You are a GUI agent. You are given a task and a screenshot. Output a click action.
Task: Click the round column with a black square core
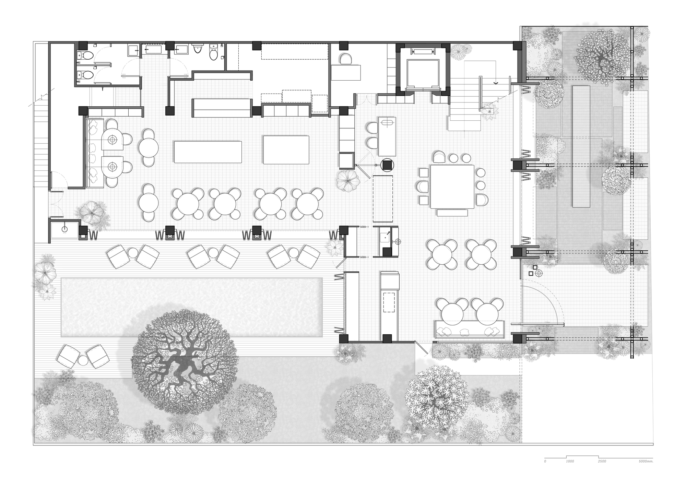(388, 165)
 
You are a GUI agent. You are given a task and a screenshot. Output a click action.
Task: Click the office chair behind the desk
(345, 59)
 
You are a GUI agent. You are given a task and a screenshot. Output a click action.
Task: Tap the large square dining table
(452, 187)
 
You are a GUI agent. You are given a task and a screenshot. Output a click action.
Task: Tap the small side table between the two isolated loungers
(83, 360)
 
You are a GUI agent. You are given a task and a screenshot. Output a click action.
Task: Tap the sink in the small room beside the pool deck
(64, 229)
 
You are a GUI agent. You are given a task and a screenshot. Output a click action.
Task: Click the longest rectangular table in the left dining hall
(208, 152)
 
